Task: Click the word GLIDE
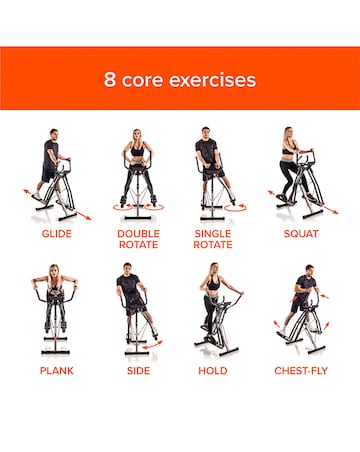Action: pos(56,234)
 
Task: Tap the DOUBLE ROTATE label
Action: pos(138,240)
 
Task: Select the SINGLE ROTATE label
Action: pos(212,240)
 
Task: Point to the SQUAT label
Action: pos(301,234)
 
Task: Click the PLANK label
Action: pos(56,370)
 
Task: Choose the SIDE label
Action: pos(138,370)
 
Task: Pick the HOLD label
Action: pos(212,370)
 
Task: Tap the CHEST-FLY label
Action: pos(301,370)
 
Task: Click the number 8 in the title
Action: pos(109,79)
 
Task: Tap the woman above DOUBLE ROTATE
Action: pos(138,160)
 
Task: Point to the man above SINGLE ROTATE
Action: pos(209,160)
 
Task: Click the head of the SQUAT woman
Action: pos(290,134)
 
